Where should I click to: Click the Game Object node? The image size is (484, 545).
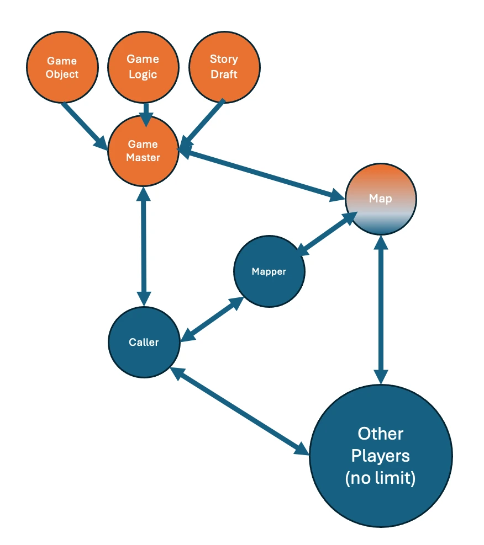62,67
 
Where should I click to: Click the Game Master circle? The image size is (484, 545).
143,151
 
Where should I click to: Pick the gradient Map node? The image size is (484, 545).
380,199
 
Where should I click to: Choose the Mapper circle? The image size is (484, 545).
269,271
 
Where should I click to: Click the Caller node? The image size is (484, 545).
144,342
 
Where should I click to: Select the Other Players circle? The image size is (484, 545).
380,456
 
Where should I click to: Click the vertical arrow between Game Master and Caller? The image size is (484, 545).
144,246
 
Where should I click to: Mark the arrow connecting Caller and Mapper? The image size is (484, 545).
212,319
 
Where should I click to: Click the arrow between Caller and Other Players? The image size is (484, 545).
240,411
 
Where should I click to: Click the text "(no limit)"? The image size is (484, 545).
380,478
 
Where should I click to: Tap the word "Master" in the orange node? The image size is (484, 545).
143,157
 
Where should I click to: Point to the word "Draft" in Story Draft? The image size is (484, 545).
224,74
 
